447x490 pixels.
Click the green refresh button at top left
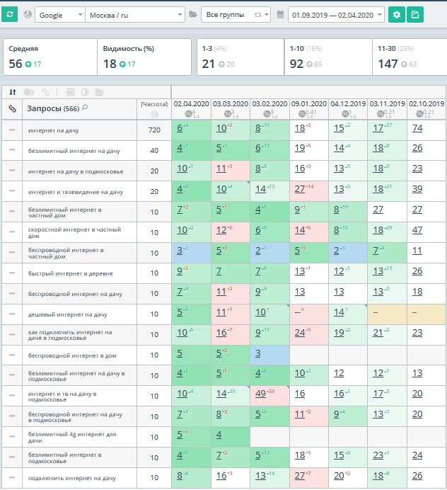[9, 14]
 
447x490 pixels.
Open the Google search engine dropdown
[59, 15]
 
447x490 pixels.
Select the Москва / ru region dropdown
[134, 15]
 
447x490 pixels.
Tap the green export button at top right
[415, 14]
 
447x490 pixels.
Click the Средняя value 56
[16, 64]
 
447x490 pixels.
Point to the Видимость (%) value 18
[110, 64]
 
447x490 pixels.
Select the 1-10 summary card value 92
[296, 64]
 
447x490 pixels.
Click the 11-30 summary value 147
[388, 64]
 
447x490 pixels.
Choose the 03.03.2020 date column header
[230, 104]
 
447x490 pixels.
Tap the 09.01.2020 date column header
[309, 104]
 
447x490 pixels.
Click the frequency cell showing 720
[154, 130]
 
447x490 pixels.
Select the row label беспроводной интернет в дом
[71, 355]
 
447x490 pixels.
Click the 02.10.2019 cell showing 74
[417, 128]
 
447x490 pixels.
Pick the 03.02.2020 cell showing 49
[261, 394]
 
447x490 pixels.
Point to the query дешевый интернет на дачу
[68, 314]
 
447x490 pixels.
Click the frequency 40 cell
[154, 151]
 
